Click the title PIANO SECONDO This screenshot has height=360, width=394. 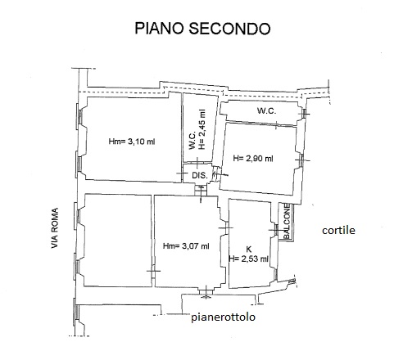(x=202, y=29)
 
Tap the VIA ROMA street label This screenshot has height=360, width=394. (x=55, y=228)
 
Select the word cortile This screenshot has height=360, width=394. (x=338, y=231)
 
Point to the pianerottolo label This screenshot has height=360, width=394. (x=223, y=317)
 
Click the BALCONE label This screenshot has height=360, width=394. (x=286, y=221)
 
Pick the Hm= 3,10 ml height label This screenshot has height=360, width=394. (x=132, y=142)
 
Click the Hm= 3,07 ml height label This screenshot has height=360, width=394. (x=186, y=246)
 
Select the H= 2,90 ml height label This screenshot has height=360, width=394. (x=253, y=158)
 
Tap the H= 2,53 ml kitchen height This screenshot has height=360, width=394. (x=248, y=259)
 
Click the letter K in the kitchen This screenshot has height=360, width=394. (x=249, y=249)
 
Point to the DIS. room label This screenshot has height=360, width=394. (x=200, y=175)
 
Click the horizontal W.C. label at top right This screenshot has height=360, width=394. (x=266, y=110)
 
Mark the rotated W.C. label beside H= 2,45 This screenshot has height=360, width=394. (x=192, y=141)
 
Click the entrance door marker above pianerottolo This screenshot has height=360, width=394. (x=206, y=292)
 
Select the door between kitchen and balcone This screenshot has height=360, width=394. (x=276, y=230)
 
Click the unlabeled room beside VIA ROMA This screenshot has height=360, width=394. (x=118, y=241)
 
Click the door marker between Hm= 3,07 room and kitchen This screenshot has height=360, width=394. (x=226, y=227)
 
